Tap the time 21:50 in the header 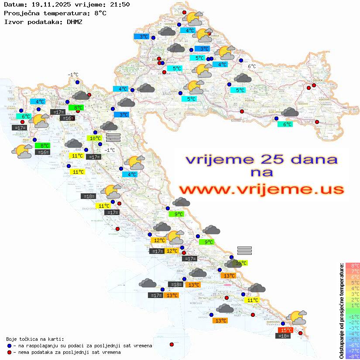point(119,5)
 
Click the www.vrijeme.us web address point(261,189)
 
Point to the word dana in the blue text point(311,159)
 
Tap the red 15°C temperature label point(286,330)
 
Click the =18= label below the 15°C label point(284,336)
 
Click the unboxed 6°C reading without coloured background point(252,66)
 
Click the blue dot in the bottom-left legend point(9,346)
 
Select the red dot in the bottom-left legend point(9,352)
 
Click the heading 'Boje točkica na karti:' point(35,339)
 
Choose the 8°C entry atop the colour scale point(353,266)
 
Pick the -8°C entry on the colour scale point(352,357)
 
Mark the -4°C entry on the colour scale point(352,334)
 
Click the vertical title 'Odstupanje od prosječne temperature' point(341,311)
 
